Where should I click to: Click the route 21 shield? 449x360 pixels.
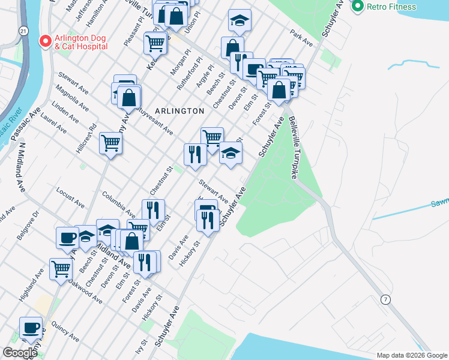point(23,31)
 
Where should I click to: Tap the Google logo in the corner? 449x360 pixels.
point(19,353)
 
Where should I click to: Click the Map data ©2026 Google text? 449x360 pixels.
point(411,355)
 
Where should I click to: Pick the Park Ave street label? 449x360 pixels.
point(301,37)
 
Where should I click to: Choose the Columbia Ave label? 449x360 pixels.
point(118,205)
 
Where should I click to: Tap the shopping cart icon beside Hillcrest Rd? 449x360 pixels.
point(111,143)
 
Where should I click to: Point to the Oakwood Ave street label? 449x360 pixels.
point(85,288)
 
